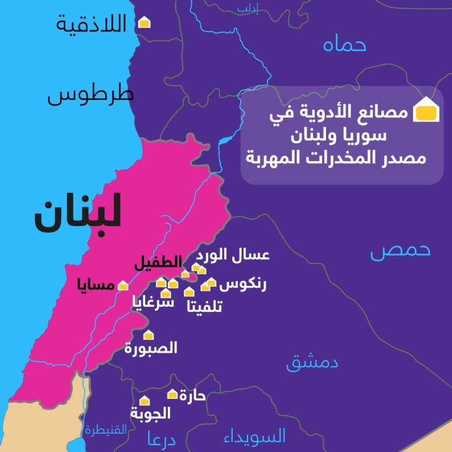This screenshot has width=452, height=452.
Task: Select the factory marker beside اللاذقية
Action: pos(145,23)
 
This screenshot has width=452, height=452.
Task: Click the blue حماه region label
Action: pos(346,45)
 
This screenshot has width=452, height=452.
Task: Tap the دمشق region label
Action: pos(312,362)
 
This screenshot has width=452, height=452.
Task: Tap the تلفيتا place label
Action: pos(205,307)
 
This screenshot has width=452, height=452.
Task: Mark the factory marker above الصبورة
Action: pos(149,335)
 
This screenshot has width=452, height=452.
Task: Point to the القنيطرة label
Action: pos(107,431)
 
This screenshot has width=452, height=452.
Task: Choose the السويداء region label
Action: pos(255,436)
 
